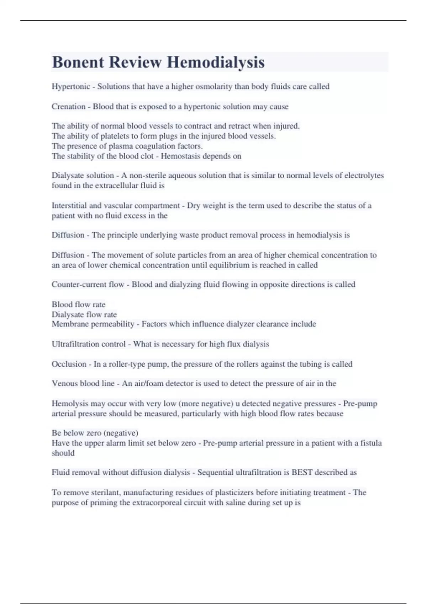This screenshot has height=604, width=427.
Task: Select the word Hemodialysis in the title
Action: point(216,62)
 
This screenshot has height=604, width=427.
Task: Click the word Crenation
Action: point(68,107)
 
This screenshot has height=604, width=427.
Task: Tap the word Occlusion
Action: point(69,364)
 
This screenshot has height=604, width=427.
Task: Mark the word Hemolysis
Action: point(70,404)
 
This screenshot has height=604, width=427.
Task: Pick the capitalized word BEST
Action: point(302,473)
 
